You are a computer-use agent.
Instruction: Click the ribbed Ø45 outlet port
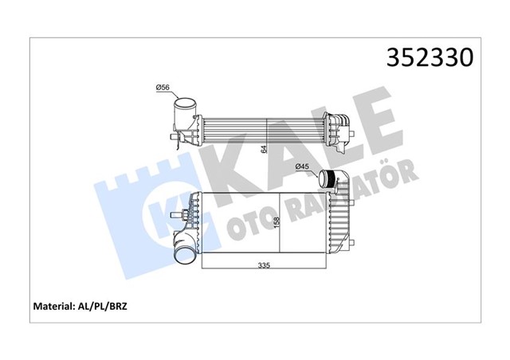pyautogui.click(x=328, y=179)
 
